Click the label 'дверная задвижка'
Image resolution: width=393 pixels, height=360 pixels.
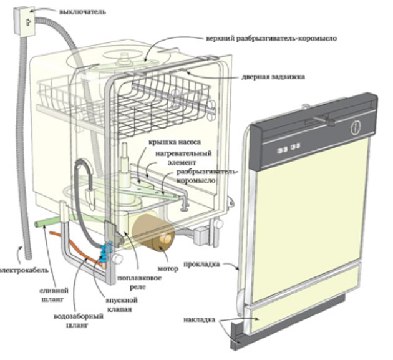pos(273,78)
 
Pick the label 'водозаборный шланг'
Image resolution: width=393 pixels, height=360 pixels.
pos(78,320)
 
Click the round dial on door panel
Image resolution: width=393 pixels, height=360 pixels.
pos(357,127)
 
